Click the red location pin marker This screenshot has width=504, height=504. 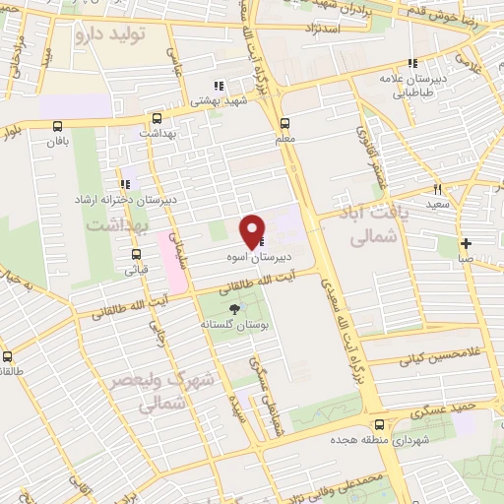click(x=253, y=229)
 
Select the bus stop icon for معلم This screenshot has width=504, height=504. click(x=284, y=124)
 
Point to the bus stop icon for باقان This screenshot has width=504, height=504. click(x=57, y=126)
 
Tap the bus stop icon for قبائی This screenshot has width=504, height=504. click(x=136, y=252)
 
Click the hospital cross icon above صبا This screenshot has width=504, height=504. click(x=465, y=242)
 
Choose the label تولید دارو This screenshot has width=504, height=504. click(x=109, y=33)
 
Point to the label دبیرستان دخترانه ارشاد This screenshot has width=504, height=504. click(x=127, y=200)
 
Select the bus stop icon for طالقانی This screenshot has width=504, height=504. click(x=8, y=357)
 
